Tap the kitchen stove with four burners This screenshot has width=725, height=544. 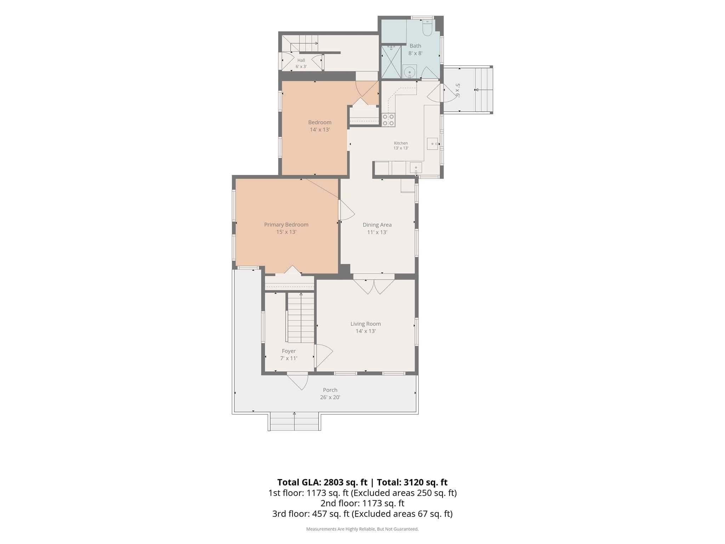click(388, 120)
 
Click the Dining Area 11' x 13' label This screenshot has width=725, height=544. click(377, 228)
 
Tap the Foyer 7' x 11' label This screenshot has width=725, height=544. click(289, 355)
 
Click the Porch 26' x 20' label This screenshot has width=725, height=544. click(330, 393)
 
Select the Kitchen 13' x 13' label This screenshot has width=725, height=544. click(401, 146)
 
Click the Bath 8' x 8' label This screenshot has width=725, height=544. click(415, 50)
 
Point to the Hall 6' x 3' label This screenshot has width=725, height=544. click(301, 63)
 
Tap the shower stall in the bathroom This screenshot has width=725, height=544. click(391, 62)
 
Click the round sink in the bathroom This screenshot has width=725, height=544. click(410, 72)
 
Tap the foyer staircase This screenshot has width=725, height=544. click(301, 318)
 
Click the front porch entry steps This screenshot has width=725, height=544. click(295, 421)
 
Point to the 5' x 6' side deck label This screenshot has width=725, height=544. click(457, 90)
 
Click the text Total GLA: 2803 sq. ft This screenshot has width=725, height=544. click(322, 482)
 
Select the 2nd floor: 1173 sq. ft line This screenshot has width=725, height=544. click(362, 503)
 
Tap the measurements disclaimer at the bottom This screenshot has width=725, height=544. click(362, 529)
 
